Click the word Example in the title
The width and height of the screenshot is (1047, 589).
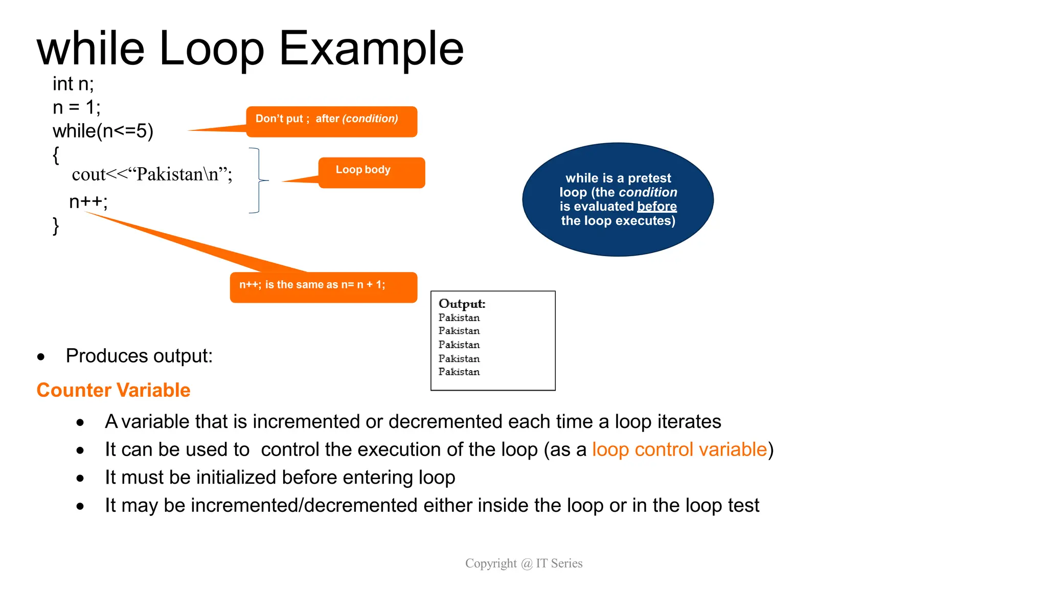(x=371, y=49)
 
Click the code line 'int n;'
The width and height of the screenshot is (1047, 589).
(x=73, y=84)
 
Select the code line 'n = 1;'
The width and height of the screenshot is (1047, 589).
(x=76, y=107)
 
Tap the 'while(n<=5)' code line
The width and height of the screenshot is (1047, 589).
(x=103, y=131)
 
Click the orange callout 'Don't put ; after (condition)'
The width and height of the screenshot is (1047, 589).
(x=331, y=122)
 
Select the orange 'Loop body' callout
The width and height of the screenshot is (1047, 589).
(x=371, y=172)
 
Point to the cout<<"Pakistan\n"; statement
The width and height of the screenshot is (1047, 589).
(x=152, y=174)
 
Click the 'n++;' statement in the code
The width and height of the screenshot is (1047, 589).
(x=88, y=202)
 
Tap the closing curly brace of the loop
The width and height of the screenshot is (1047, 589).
(x=56, y=225)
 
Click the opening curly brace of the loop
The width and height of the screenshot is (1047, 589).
(x=56, y=155)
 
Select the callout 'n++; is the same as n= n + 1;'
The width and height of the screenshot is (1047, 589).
(x=323, y=287)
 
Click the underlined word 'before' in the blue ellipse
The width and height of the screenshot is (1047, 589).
(x=656, y=207)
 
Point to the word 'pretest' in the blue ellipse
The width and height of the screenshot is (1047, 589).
(x=649, y=178)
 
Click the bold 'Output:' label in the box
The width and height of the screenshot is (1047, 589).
(x=462, y=304)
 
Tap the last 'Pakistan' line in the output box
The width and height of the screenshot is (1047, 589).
(x=459, y=372)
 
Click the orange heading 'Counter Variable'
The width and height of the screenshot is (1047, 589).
(x=113, y=390)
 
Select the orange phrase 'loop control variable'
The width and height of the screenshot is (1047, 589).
(x=679, y=449)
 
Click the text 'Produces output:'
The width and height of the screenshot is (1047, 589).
(x=139, y=356)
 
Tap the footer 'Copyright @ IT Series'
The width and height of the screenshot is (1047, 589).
(x=523, y=563)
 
